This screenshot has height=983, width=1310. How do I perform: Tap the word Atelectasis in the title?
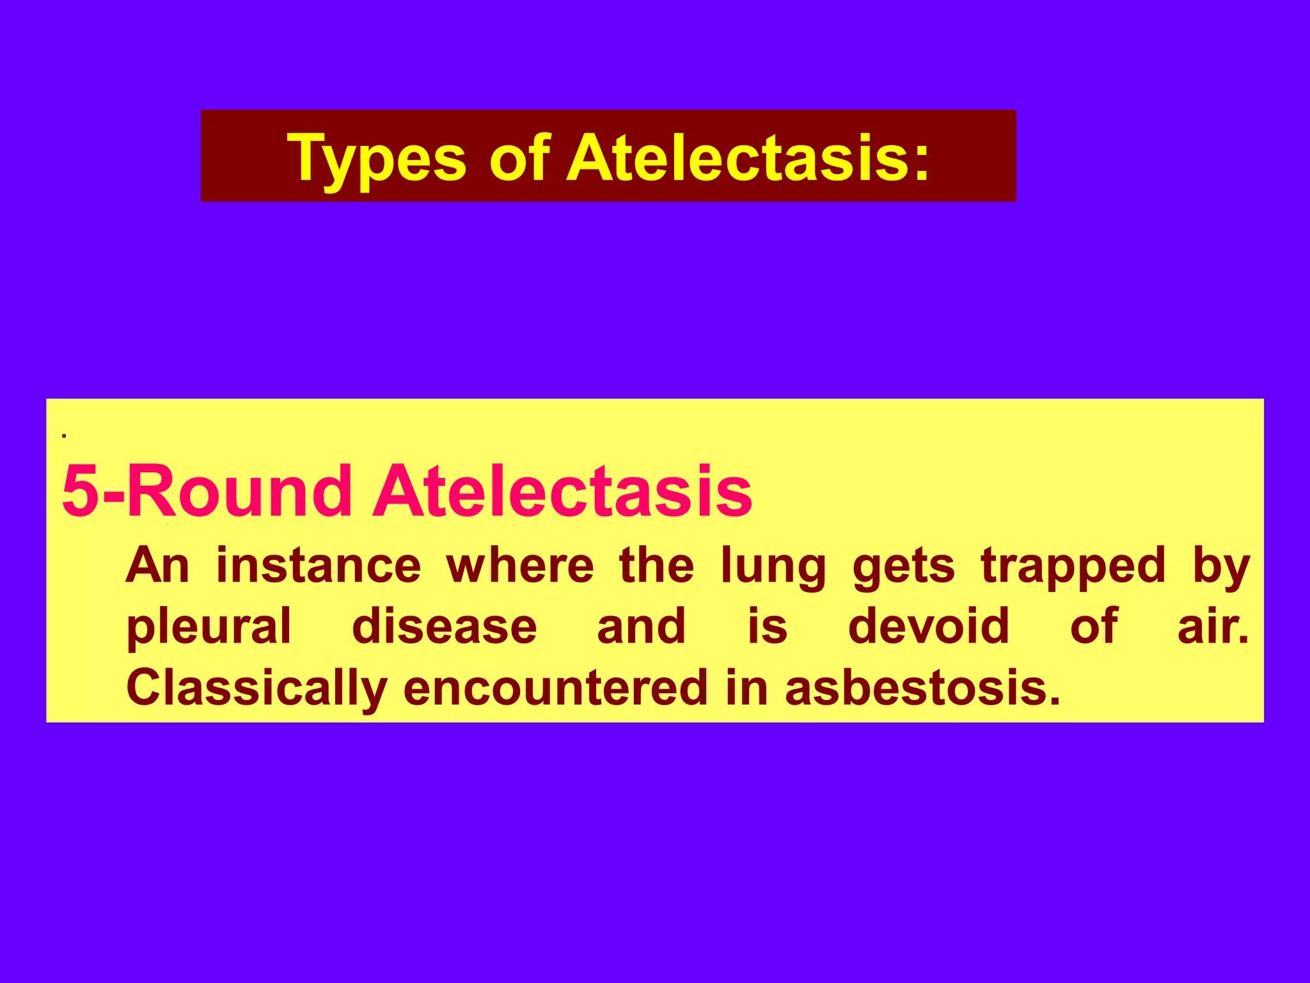(x=748, y=158)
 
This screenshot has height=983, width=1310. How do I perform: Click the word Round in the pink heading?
(x=240, y=491)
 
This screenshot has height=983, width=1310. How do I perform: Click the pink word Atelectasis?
(x=562, y=491)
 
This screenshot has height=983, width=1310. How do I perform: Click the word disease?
(x=445, y=626)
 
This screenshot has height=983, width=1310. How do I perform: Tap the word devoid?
(x=929, y=626)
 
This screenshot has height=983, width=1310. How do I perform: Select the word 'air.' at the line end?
(x=1213, y=626)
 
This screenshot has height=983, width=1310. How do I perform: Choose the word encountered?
(x=555, y=687)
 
